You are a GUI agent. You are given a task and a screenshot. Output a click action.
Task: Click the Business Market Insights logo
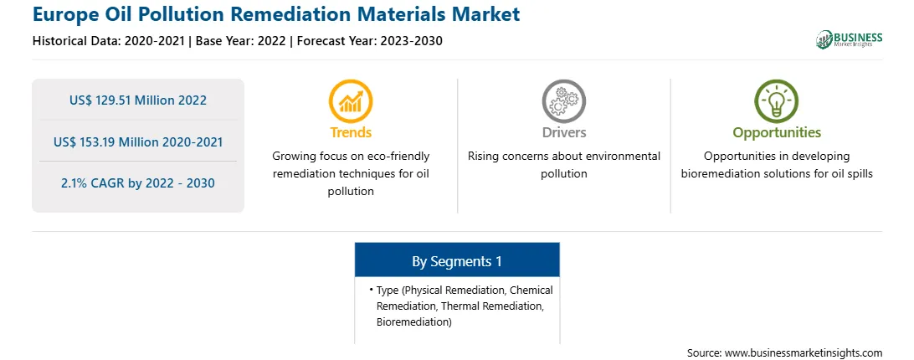(x=849, y=39)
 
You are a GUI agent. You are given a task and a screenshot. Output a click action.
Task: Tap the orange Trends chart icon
(x=351, y=101)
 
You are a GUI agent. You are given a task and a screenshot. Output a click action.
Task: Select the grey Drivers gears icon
(x=563, y=101)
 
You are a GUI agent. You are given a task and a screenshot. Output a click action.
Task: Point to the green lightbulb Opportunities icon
(x=777, y=101)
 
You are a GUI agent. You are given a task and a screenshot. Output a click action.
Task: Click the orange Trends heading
(x=351, y=132)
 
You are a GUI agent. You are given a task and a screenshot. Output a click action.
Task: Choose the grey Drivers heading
(x=563, y=132)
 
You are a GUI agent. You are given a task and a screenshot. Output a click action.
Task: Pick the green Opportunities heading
(x=777, y=133)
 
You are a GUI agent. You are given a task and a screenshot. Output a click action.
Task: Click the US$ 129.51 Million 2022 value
(x=138, y=100)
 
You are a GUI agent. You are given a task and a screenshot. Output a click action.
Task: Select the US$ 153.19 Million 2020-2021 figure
(x=138, y=141)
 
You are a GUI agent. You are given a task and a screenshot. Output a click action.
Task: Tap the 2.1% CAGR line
(x=138, y=183)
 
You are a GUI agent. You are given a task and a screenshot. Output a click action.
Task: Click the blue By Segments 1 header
(x=457, y=260)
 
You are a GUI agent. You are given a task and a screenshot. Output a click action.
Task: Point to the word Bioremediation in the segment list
(x=413, y=321)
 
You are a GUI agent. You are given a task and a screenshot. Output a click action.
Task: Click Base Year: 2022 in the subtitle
(x=240, y=41)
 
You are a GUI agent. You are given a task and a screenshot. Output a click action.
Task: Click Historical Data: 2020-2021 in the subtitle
(x=109, y=41)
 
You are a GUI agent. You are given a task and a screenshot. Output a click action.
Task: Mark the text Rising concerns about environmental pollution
(x=563, y=165)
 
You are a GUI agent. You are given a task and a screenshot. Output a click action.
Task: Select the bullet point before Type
(x=371, y=290)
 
